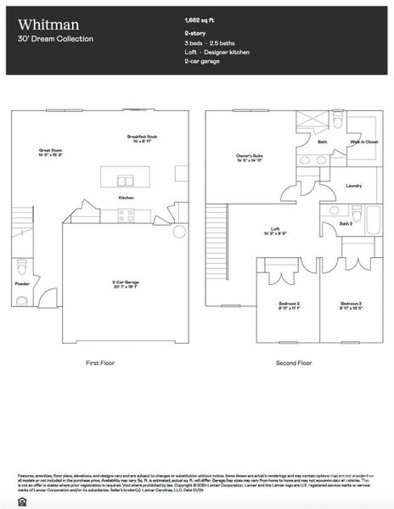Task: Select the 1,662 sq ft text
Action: point(200,18)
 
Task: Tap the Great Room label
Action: point(52,152)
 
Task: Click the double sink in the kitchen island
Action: point(125,180)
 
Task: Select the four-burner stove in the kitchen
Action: point(126,216)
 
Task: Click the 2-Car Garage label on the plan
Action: point(125,284)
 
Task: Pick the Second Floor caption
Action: point(294,363)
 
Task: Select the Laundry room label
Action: point(354,185)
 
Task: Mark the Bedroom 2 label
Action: point(289,305)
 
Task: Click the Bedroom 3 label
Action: point(351,305)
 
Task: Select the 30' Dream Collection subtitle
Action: point(55,39)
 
